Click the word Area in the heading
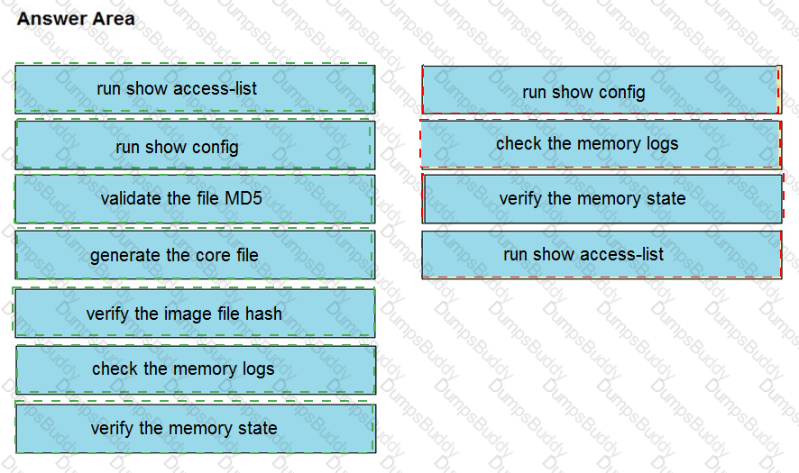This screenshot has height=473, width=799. click(111, 18)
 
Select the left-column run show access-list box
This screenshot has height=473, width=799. click(195, 88)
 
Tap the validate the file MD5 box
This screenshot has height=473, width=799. click(195, 199)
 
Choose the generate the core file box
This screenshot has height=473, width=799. click(195, 255)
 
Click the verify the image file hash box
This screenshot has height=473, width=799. click(195, 313)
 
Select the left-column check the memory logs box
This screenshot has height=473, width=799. click(195, 369)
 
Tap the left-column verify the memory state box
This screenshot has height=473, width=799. click(195, 429)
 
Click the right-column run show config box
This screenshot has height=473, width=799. click(602, 90)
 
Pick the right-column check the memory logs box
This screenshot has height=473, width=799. click(602, 144)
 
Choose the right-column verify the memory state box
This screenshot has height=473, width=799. click(602, 198)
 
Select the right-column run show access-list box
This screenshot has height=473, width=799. click(602, 255)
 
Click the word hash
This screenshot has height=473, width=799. click(262, 314)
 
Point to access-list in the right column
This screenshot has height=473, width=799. click(622, 254)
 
